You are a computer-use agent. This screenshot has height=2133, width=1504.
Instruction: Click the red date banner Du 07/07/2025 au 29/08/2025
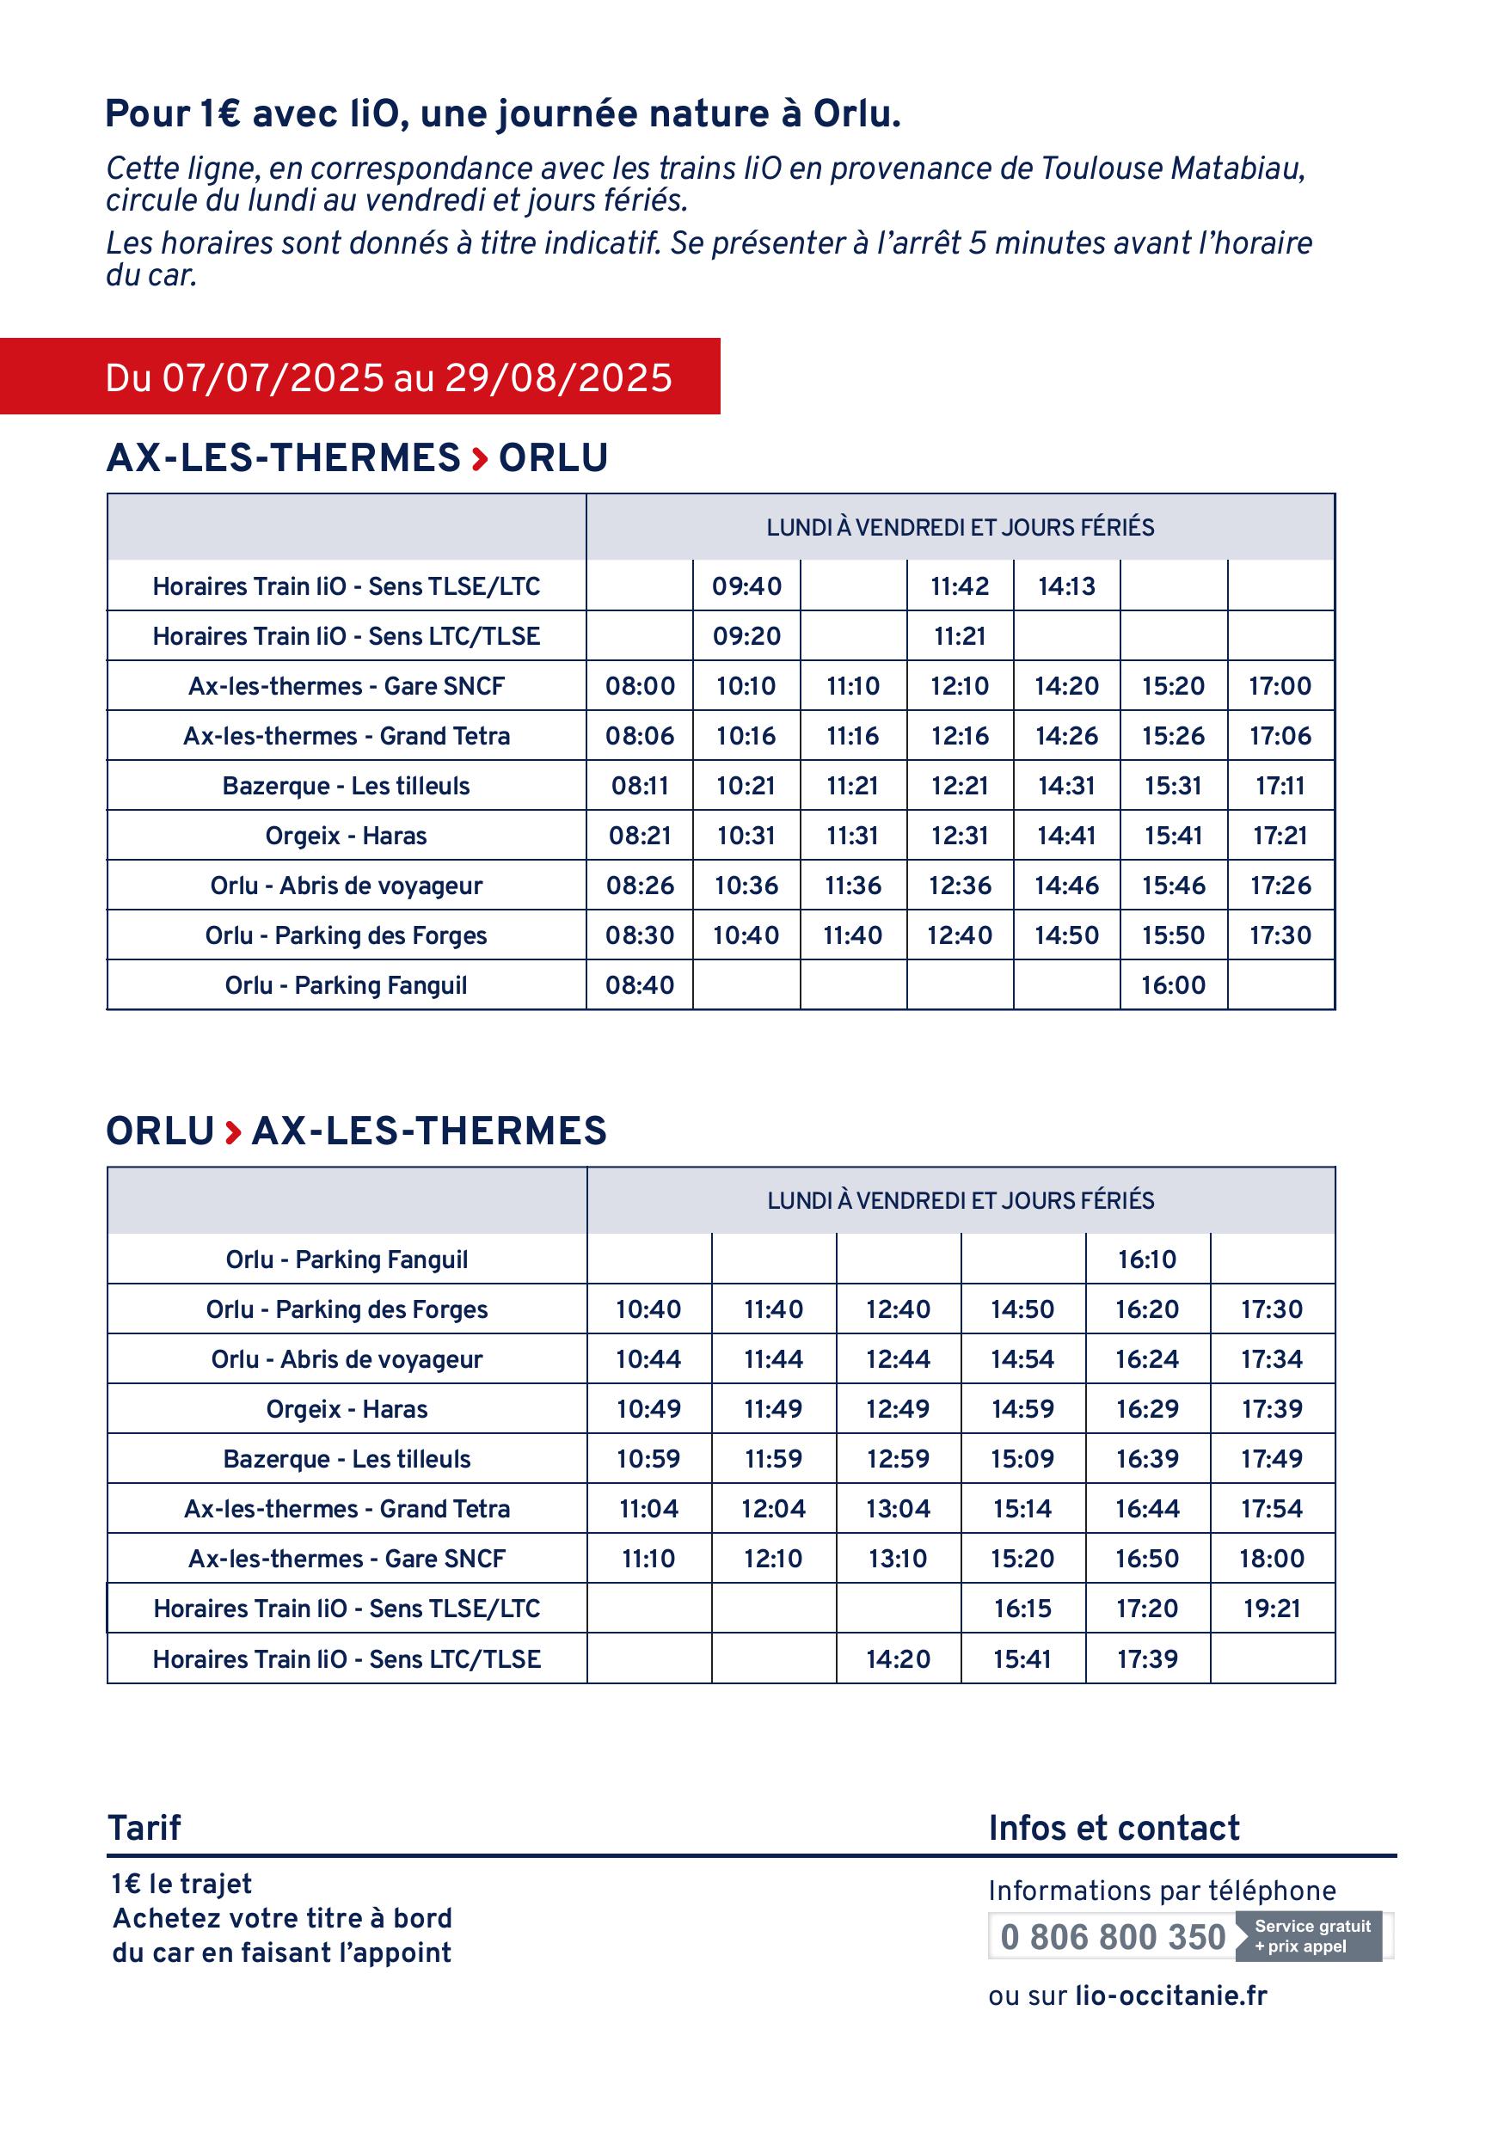point(389,377)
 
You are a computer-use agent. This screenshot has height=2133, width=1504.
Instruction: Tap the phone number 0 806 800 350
point(1112,1937)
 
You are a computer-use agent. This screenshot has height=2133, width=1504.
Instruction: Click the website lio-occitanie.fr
point(1170,1995)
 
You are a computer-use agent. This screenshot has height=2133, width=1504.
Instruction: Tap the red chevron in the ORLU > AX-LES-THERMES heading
point(233,1131)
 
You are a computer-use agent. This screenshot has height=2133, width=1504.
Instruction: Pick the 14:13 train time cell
point(1066,586)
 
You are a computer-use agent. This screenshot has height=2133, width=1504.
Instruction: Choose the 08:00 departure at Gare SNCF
point(640,687)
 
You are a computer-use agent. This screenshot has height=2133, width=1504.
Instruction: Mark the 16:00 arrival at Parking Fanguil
point(1172,984)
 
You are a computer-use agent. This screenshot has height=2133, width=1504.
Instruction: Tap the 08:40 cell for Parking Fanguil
point(640,984)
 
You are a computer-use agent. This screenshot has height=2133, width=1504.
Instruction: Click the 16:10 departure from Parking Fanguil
point(1146,1260)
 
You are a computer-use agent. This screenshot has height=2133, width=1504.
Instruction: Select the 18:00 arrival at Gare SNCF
point(1271,1558)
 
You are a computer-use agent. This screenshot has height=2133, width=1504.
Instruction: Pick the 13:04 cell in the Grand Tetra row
point(898,1509)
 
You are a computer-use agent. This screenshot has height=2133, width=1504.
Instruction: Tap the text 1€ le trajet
point(182,1884)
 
